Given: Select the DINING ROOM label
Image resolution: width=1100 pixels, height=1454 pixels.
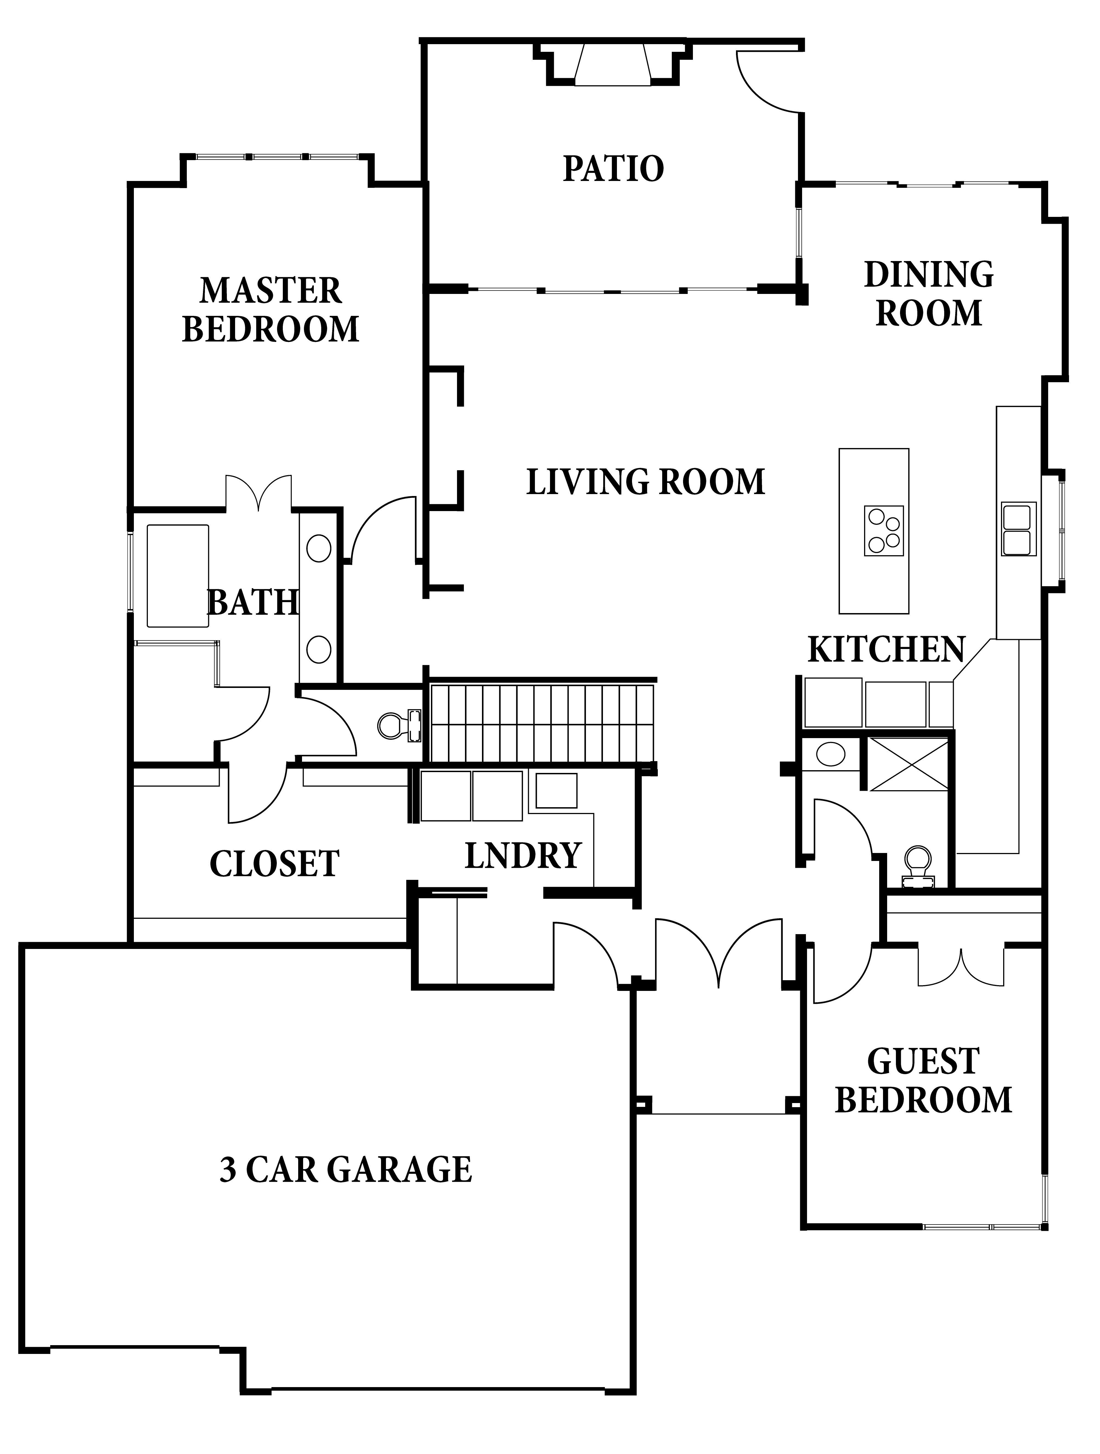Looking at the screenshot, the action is (x=928, y=294).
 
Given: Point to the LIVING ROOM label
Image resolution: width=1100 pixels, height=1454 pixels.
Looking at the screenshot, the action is (x=646, y=482).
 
